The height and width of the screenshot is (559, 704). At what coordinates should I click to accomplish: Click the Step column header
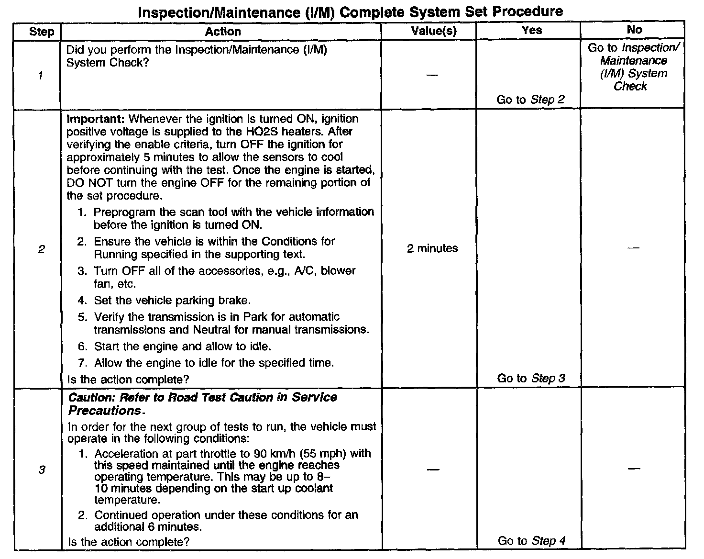click(x=42, y=32)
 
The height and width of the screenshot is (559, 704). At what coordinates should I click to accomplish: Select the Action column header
click(x=223, y=32)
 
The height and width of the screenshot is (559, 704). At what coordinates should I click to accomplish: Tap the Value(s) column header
click(x=433, y=31)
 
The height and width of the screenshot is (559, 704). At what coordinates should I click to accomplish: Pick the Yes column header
click(x=532, y=30)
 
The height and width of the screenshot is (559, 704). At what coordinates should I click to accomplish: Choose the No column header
click(x=634, y=30)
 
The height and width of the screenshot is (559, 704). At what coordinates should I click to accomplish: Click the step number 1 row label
click(x=41, y=75)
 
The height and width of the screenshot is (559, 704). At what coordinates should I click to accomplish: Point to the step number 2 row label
click(x=42, y=249)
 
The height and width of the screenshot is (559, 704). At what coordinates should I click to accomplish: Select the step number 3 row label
click(x=42, y=470)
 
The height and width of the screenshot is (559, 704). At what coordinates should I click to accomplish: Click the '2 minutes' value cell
click(x=432, y=248)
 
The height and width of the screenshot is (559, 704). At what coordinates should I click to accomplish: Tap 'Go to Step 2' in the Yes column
click(x=530, y=100)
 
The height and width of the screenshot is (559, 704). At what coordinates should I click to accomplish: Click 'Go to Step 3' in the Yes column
click(x=531, y=378)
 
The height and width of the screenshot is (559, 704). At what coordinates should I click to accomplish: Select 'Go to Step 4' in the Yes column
click(x=531, y=541)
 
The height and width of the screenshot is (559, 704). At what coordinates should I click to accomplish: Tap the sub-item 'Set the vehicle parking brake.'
click(x=172, y=301)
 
